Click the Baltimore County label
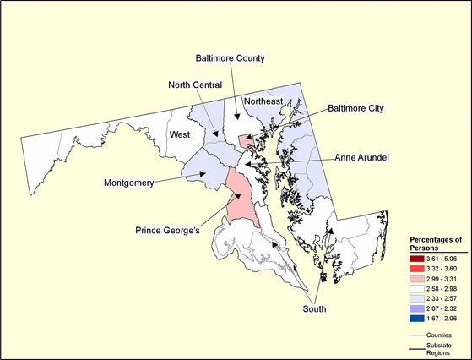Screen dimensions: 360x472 point(230,58)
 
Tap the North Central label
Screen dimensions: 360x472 point(194,85)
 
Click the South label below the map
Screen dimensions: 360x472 point(314,309)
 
